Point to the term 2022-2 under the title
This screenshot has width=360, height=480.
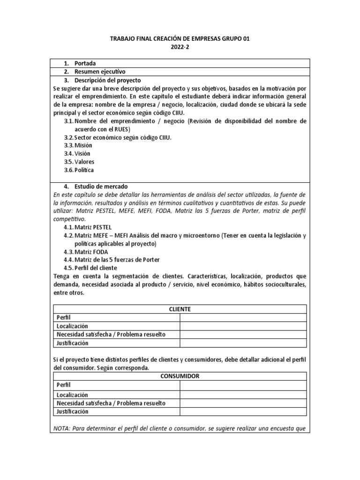(x=180, y=47)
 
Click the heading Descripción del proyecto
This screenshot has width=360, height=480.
(x=107, y=80)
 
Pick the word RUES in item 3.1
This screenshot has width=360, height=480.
(x=121, y=129)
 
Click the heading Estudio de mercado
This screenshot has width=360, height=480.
(x=101, y=186)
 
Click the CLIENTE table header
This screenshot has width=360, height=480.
(x=180, y=309)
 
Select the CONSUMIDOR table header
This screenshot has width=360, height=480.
(x=180, y=376)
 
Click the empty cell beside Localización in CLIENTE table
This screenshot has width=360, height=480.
(x=243, y=326)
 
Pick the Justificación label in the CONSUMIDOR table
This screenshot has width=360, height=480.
(x=72, y=412)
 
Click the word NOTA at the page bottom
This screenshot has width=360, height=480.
(x=60, y=428)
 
